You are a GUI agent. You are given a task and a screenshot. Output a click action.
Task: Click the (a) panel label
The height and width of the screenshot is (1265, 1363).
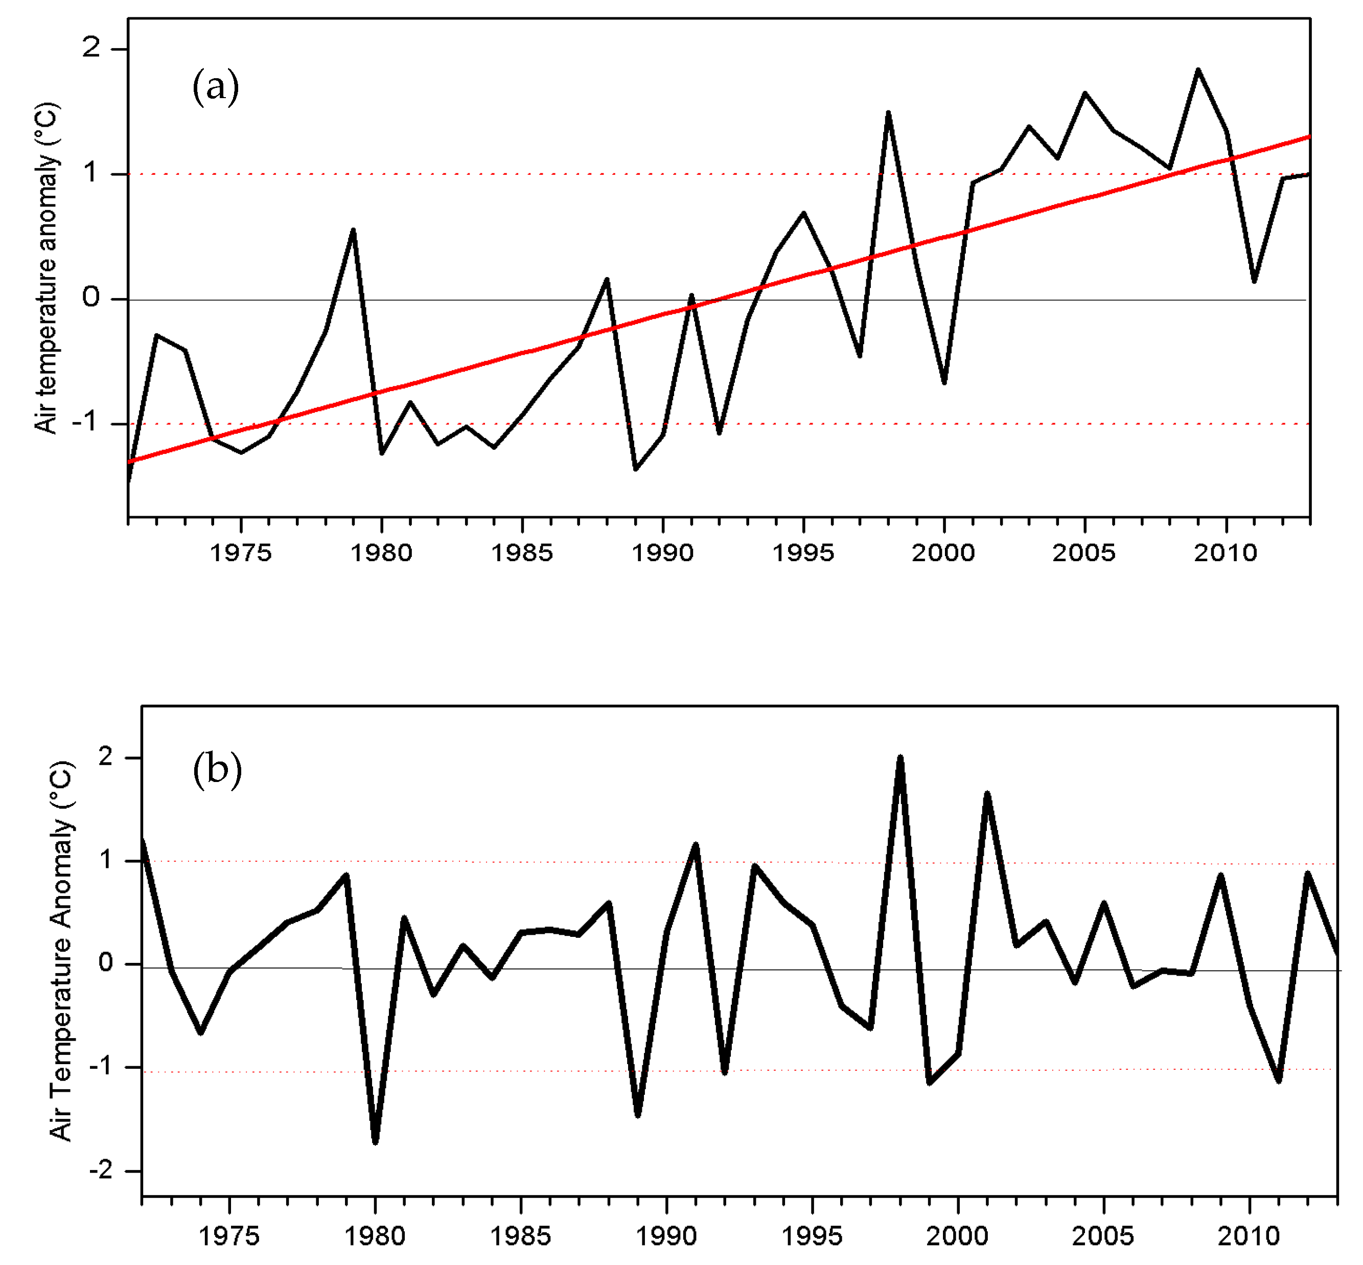[215, 87]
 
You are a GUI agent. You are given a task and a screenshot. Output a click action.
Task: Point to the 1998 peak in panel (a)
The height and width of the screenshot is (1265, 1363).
[888, 113]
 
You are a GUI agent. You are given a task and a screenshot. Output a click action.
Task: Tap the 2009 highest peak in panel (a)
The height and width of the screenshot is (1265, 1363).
[1197, 70]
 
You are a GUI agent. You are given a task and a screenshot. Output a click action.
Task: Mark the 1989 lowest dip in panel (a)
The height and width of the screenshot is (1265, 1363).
[635, 469]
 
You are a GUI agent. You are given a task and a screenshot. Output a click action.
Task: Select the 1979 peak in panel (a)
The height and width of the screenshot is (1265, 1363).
[353, 231]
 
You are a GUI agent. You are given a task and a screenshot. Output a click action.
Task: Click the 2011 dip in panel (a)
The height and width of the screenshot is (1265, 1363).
[1254, 281]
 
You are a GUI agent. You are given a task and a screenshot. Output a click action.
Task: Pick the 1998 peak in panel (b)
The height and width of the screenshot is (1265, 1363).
[899, 758]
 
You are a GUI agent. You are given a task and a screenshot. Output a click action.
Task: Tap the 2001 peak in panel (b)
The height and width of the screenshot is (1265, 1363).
[986, 794]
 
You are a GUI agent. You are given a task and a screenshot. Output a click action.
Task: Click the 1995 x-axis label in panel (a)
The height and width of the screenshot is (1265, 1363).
[803, 553]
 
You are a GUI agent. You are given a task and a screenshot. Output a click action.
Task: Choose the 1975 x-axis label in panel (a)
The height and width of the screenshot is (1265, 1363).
[240, 553]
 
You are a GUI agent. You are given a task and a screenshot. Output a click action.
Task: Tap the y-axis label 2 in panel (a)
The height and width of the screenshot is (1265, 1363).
[91, 48]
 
